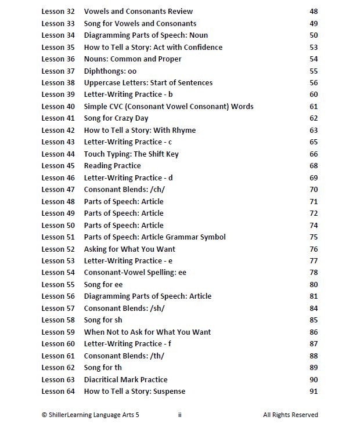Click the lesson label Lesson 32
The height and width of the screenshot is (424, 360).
pos(58,12)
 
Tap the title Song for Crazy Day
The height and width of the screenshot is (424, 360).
pos(116,118)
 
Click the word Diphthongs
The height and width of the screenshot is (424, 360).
pos(102,71)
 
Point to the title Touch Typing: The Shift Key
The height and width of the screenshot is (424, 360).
pos(131,154)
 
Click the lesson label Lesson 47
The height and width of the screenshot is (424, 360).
pos(58,190)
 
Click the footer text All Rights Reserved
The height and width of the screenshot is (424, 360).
pos(290,415)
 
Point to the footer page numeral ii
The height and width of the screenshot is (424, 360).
pos(180,415)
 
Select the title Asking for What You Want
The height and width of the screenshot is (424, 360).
pos(129,249)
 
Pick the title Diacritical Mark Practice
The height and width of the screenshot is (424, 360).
pos(125,380)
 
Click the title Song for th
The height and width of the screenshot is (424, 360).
pos(103,368)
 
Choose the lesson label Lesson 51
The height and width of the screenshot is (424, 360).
pos(58,237)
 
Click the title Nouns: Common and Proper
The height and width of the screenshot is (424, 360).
pos(132,59)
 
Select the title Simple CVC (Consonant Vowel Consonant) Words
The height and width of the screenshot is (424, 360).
pos(168,107)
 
